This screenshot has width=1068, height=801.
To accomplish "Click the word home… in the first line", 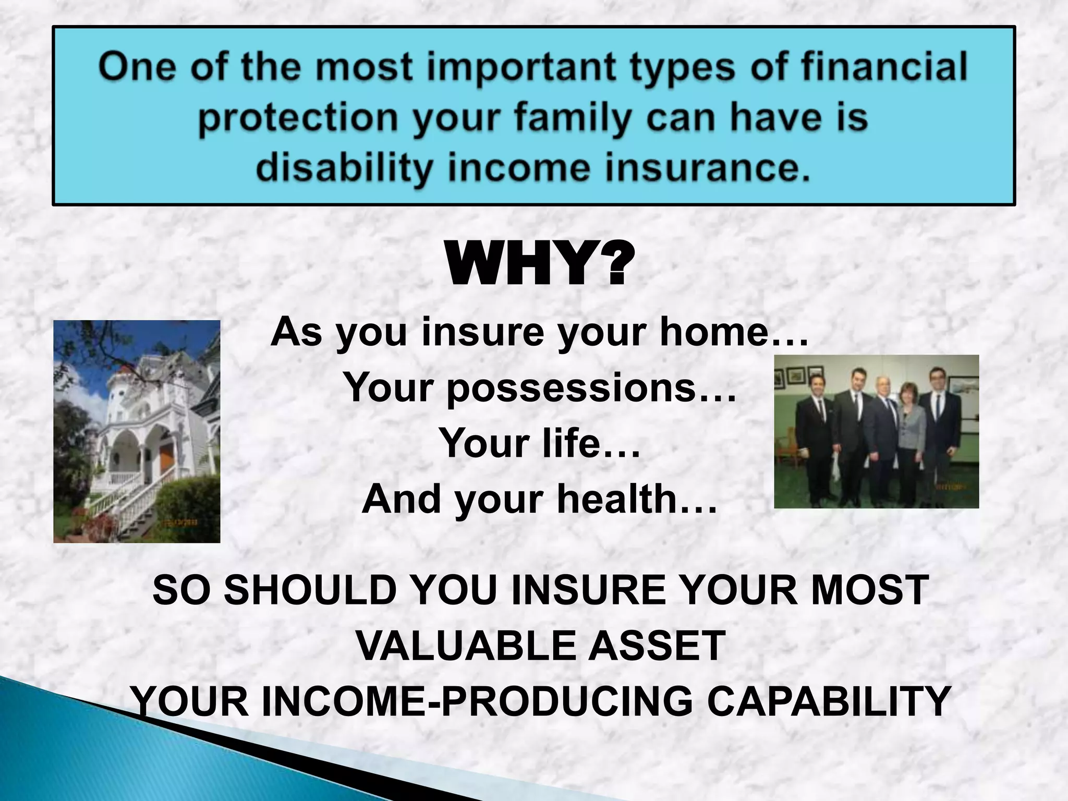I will click(734, 332).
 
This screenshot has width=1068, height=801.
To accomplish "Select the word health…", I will click(637, 499).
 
